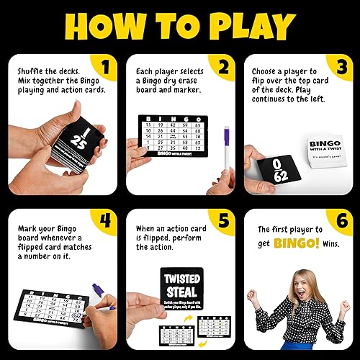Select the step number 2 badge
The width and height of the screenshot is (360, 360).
(223, 69)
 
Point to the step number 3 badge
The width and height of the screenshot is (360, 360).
(341, 69)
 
